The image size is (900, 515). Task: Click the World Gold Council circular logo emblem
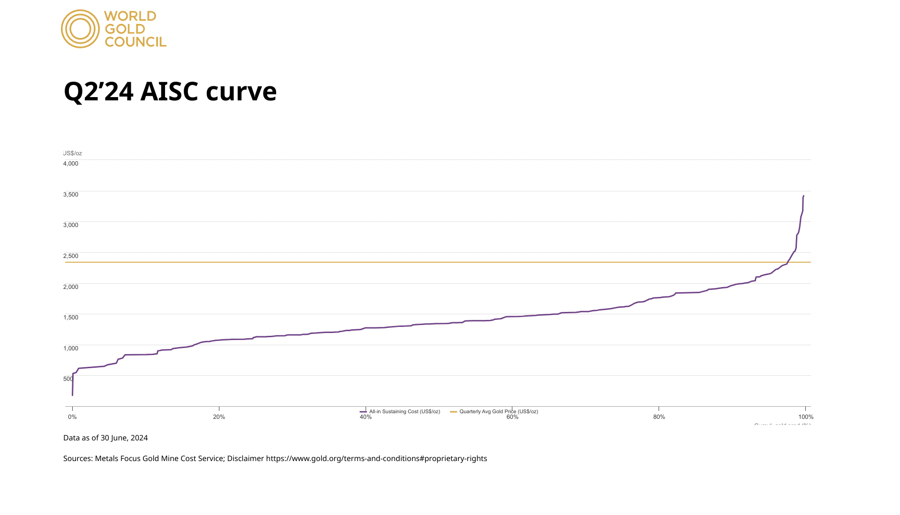tap(80, 29)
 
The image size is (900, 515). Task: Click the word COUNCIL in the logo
tap(135, 42)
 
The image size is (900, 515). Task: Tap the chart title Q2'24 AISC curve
tap(170, 91)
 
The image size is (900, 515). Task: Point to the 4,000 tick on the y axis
tap(71, 164)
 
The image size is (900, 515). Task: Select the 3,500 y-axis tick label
tap(71, 195)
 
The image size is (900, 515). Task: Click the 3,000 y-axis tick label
tap(71, 225)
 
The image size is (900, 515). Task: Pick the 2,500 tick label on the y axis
tap(71, 256)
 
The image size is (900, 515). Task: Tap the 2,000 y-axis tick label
tap(71, 287)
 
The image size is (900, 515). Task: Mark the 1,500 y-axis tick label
tap(71, 318)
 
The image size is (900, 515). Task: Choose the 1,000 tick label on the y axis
tap(71, 348)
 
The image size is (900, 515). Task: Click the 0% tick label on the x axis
tap(72, 417)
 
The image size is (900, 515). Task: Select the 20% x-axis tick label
tap(219, 417)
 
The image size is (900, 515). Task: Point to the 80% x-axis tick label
tap(659, 417)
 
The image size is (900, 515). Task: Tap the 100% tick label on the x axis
tap(806, 417)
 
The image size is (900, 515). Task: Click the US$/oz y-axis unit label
tap(73, 153)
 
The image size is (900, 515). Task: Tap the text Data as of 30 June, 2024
tap(105, 438)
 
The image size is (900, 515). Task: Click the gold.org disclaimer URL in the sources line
tap(376, 459)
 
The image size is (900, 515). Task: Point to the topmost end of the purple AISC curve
tap(803, 196)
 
